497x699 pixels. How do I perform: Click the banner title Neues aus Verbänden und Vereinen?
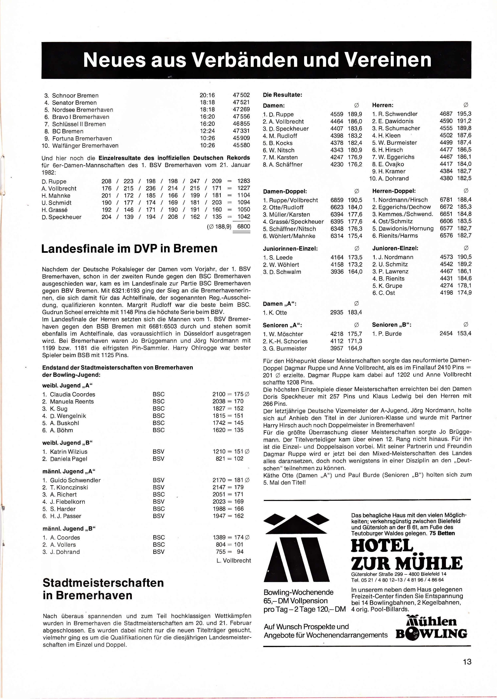click(x=257, y=60)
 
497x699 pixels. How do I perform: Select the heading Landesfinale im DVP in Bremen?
click(x=129, y=249)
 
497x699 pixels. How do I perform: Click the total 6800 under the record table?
click(x=244, y=226)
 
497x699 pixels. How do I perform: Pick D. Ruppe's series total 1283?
click(x=244, y=181)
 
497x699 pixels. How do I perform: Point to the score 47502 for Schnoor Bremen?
click(x=241, y=95)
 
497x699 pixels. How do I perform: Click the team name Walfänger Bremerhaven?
click(x=85, y=146)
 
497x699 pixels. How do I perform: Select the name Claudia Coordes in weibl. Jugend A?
click(x=72, y=394)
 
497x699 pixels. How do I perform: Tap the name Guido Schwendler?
click(x=75, y=480)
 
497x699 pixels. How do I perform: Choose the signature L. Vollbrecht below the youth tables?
click(x=233, y=560)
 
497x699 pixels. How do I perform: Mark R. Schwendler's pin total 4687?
click(x=446, y=114)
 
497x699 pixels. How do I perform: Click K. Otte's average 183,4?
click(x=355, y=313)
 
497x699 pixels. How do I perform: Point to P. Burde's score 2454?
click(x=446, y=333)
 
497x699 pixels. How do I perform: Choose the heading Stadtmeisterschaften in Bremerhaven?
click(x=103, y=589)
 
